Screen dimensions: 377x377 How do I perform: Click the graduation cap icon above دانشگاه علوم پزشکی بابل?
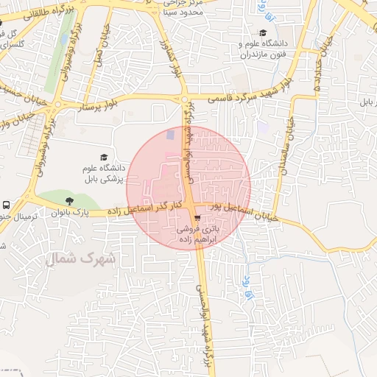point(104,157)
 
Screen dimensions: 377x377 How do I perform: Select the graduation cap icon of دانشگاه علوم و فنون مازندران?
point(263,32)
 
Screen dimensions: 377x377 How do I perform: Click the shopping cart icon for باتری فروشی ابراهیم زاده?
point(197,219)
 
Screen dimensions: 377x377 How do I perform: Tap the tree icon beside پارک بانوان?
point(69,200)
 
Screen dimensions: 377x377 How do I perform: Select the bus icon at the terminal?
point(6,205)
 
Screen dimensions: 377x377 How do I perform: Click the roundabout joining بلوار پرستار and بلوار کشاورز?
point(183,99)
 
